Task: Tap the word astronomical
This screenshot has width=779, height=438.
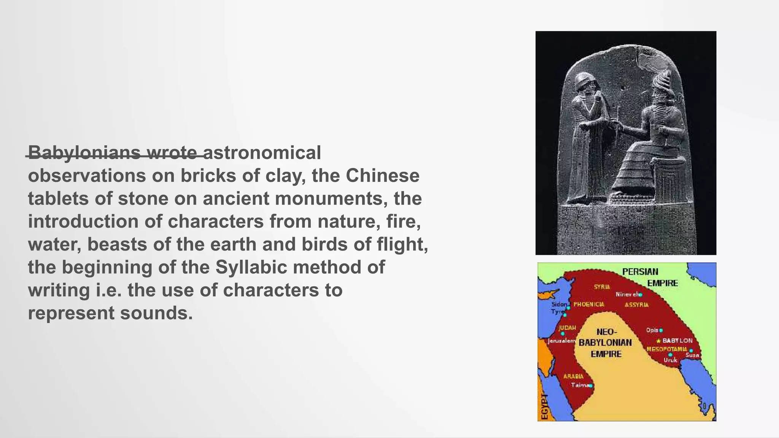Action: [263, 153]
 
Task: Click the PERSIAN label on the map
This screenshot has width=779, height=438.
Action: [640, 272]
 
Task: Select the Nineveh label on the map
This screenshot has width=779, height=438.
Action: [627, 294]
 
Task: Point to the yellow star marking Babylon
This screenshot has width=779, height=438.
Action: [658, 341]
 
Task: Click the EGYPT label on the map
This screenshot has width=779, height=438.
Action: [545, 406]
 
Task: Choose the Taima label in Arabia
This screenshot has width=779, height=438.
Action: [580, 385]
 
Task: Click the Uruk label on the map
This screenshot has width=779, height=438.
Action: [670, 360]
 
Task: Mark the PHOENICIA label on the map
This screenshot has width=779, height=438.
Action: [589, 305]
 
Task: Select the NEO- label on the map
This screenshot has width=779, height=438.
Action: [606, 332]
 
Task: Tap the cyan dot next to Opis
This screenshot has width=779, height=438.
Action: [661, 330]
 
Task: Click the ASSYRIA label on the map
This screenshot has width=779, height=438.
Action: [637, 305]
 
